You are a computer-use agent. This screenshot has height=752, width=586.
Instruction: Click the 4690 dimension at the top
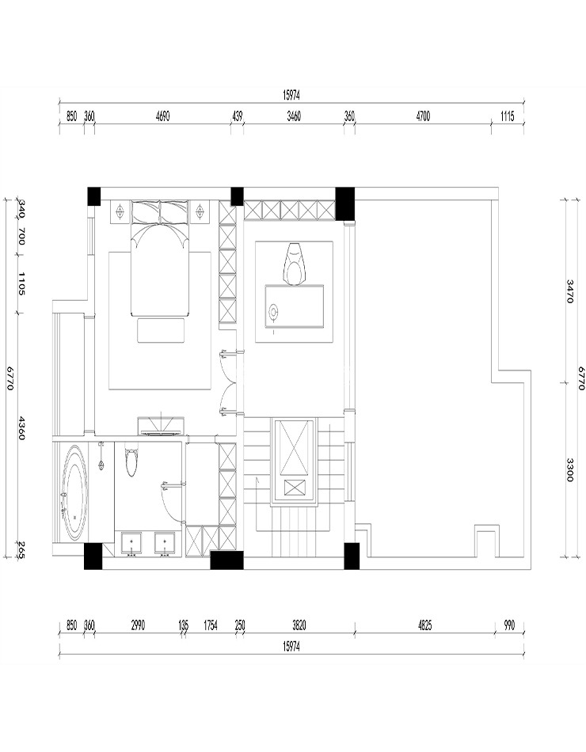(x=162, y=116)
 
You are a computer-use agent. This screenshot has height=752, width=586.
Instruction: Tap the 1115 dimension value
(x=508, y=116)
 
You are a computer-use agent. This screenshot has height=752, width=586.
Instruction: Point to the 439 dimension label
(x=237, y=116)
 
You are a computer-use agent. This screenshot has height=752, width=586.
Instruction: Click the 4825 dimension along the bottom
(x=424, y=625)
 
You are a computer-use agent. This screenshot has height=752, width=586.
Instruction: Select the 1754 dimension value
(x=211, y=625)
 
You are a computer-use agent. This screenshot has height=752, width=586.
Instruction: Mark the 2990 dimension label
(x=138, y=625)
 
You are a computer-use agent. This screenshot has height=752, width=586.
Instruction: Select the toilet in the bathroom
(x=131, y=461)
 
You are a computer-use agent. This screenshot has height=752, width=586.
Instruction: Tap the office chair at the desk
(x=296, y=263)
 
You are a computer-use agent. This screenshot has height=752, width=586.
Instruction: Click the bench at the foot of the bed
(x=161, y=330)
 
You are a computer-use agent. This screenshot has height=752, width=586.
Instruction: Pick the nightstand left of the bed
(x=120, y=212)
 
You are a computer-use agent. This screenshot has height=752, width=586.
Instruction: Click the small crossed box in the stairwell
(x=295, y=488)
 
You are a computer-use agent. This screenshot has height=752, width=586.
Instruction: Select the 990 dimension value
(x=509, y=625)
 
